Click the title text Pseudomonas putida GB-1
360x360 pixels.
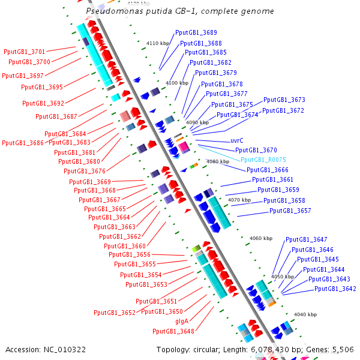pos(180,11)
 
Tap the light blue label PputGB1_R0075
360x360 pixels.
pos(263,160)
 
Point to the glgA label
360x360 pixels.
pos(182,322)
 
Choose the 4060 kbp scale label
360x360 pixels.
pos(261,238)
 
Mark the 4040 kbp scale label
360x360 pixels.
pos(305,314)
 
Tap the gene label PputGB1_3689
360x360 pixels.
pos(196,32)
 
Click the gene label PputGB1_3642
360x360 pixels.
pos(335,289)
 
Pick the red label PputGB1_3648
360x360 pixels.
pos(173,331)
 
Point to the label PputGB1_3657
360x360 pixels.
pos(290,211)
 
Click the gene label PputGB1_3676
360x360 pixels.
pos(85,171)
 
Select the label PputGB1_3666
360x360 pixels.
pos(268,170)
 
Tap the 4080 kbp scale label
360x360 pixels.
pos(217,161)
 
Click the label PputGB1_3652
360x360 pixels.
pos(115,313)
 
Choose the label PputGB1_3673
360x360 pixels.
pos(284,100)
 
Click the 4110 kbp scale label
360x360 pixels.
pos(158,43)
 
